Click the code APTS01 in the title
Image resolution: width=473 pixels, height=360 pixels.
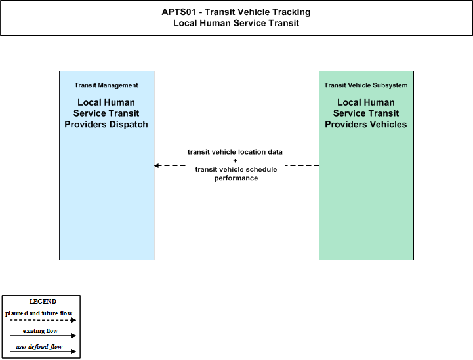179,12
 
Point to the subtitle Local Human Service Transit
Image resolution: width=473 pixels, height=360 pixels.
236,23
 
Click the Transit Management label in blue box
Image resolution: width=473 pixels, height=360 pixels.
106,85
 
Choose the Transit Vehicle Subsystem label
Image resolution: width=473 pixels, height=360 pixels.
366,85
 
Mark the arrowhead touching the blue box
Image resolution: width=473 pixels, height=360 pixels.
157,165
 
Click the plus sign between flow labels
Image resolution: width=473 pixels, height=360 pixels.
235,161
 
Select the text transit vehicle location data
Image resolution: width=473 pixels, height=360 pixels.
235,152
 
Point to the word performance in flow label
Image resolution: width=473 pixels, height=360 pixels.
236,178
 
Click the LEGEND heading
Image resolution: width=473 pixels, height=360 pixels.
43,302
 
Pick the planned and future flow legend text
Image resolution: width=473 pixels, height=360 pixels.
39,313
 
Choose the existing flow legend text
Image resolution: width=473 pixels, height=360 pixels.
40,331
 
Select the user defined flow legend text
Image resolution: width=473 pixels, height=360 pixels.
39,347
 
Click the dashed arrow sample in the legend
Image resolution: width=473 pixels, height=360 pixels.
43,320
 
